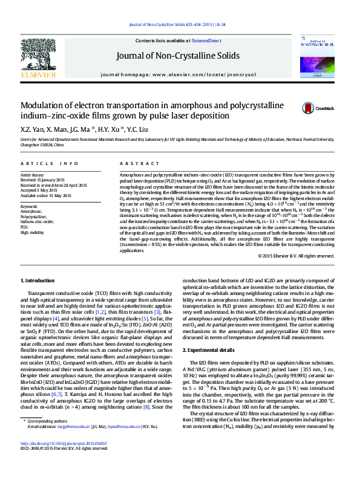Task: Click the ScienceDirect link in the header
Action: [x=206, y=41]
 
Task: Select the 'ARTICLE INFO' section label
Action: [x=50, y=164]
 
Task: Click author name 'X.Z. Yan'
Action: [x=31, y=129]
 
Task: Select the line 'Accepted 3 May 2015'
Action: [x=41, y=190]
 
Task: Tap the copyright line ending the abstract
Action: [x=295, y=255]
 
